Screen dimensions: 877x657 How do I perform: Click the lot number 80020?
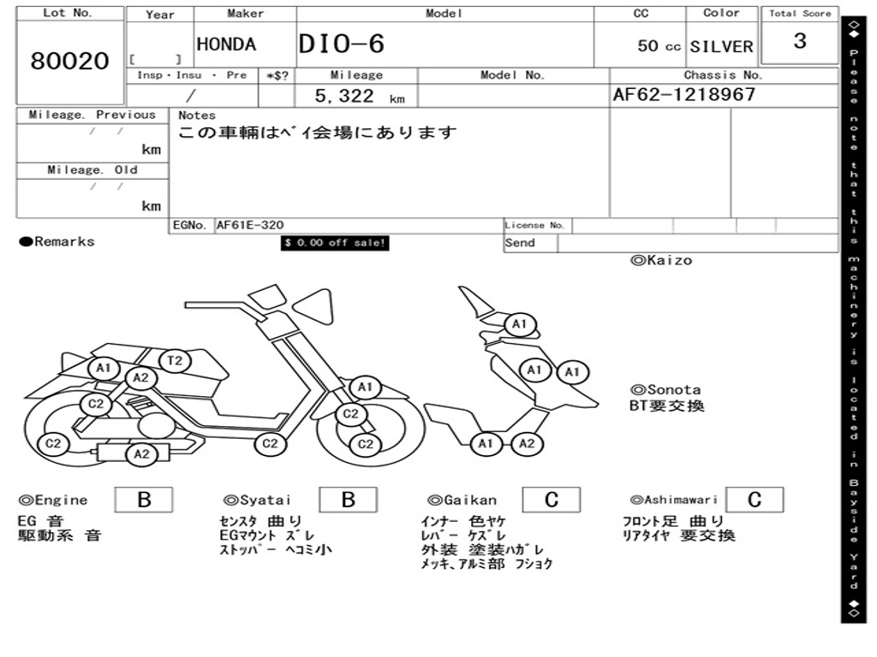coord(70,62)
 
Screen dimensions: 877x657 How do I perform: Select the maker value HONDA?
coord(226,45)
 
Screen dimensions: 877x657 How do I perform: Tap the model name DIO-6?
coord(342,44)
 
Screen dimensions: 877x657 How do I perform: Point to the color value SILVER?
coord(721,46)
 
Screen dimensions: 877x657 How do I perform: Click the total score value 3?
coord(799,41)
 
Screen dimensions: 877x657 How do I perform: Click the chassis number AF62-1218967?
coord(684,95)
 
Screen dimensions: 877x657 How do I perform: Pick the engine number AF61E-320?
coord(250,225)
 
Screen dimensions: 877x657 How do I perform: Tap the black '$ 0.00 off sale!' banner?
coord(335,243)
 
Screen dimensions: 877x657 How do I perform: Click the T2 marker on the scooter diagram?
coord(175,361)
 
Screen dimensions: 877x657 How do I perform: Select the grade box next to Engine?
coord(144,500)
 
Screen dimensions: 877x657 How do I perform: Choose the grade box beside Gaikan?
coord(551,500)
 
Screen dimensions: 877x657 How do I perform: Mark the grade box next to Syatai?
coord(348,500)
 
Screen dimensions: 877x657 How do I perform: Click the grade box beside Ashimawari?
coord(754,500)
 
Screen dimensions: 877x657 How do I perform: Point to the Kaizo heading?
coord(661,260)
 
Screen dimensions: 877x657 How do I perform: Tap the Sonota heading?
coord(665,390)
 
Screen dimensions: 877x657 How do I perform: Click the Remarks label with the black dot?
coord(57,242)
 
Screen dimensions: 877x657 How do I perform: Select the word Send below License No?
coord(520,243)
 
